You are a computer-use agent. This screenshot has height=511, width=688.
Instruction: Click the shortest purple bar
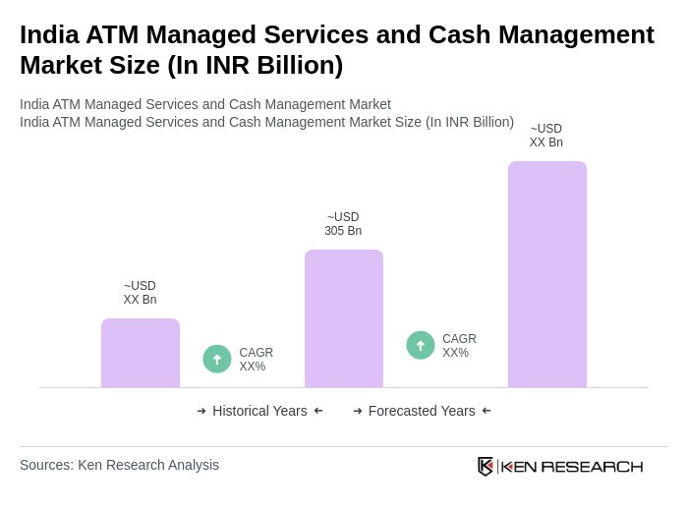[141, 353]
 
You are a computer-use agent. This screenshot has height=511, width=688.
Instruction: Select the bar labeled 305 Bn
[344, 318]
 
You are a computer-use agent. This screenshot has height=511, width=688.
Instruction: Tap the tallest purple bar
[547, 274]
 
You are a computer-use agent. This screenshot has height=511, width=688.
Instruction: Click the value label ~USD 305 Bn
[343, 224]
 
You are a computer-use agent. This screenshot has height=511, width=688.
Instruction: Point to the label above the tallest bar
[546, 136]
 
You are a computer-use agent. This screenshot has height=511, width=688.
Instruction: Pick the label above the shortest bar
[140, 293]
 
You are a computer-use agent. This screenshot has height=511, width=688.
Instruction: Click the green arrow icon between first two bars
[217, 360]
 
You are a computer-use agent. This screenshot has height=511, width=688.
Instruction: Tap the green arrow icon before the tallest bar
[421, 346]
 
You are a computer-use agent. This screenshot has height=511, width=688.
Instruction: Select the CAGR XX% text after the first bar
[256, 360]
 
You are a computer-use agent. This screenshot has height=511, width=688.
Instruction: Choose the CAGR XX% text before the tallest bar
[459, 346]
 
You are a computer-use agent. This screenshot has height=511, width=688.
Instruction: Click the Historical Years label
[259, 411]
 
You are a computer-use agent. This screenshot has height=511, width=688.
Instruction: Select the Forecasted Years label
[422, 411]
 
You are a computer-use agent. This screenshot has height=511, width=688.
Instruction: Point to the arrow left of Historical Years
[201, 411]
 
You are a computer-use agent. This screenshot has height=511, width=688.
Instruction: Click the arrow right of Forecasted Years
[487, 411]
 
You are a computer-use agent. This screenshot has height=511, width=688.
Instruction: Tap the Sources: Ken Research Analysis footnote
[119, 465]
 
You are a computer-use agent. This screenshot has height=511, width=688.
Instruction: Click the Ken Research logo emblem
[486, 466]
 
